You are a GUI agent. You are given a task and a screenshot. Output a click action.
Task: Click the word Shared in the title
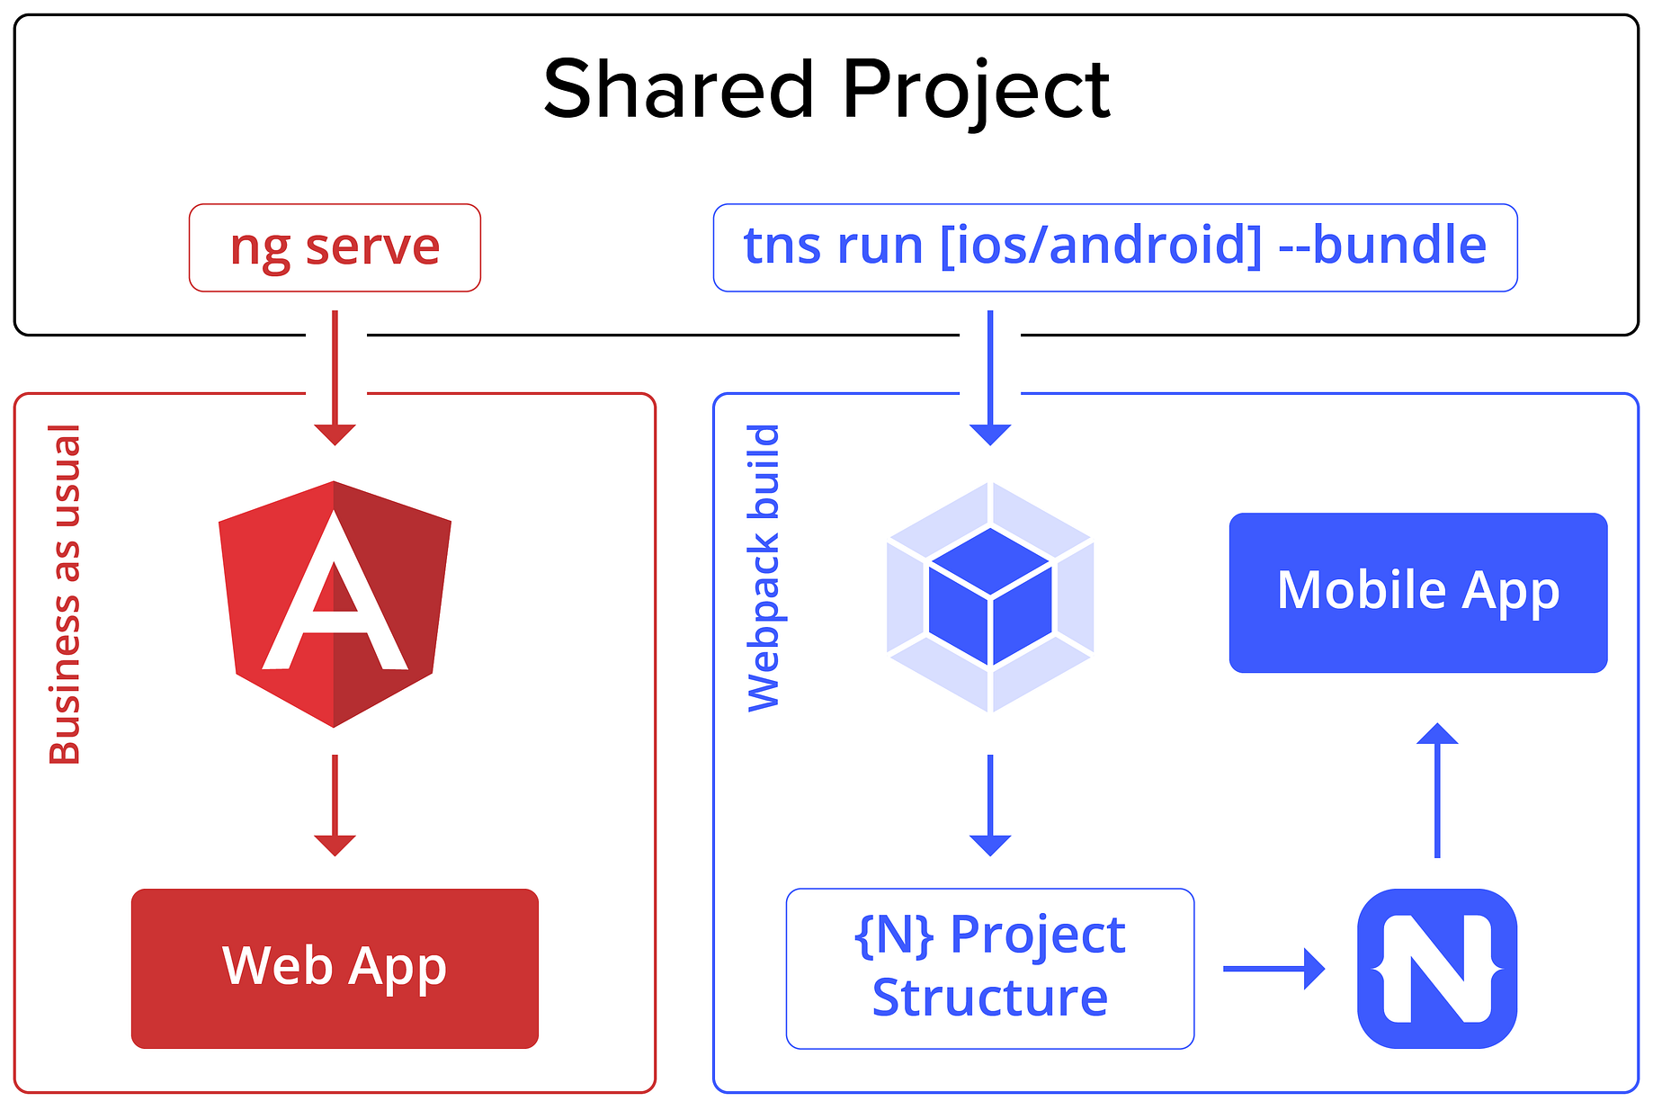(679, 89)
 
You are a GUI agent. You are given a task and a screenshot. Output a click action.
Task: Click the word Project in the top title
(976, 91)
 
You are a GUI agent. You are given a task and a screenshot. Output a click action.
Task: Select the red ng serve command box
(335, 247)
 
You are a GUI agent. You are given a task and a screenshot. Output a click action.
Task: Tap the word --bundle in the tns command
(1382, 246)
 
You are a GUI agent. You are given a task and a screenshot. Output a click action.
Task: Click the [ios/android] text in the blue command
(1101, 246)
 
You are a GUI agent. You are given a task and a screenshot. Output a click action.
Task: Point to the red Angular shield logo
(335, 604)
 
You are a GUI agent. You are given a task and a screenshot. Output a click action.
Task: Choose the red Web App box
(335, 968)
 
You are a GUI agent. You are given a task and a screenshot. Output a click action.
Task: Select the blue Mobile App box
(1417, 592)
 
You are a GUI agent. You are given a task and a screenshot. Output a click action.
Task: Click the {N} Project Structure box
(990, 968)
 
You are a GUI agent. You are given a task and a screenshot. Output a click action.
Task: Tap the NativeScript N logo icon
(1436, 968)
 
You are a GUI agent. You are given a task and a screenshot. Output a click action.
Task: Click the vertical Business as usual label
(65, 594)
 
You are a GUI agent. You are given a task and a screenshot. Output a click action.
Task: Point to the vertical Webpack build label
(764, 568)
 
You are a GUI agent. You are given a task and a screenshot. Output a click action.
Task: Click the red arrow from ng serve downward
(335, 378)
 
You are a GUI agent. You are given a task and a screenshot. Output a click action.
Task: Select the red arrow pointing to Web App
(335, 805)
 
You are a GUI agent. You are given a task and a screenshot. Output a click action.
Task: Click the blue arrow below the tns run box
(990, 378)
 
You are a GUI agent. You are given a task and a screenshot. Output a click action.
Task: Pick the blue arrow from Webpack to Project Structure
(990, 805)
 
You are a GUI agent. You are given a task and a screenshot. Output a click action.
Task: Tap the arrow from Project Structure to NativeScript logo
(1273, 969)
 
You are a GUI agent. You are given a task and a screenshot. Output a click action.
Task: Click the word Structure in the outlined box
(990, 998)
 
